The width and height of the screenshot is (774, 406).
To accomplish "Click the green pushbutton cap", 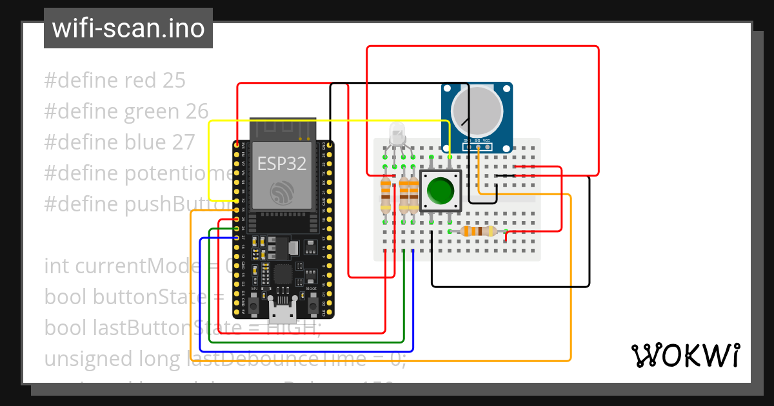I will (441, 191).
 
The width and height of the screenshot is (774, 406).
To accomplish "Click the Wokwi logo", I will (685, 355).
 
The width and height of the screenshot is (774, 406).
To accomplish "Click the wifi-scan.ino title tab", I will (128, 28).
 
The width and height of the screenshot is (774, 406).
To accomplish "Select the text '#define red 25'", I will (115, 81).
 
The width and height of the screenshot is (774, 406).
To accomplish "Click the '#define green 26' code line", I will (126, 111).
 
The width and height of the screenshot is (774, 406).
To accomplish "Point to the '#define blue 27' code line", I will (119, 142).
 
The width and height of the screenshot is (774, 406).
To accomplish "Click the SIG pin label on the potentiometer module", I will (477, 140).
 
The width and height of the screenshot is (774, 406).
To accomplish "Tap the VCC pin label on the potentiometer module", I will (487, 140).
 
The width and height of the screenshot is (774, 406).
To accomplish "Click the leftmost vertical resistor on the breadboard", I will (386, 195).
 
